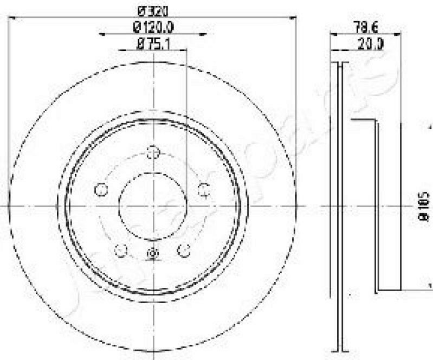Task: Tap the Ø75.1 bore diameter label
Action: point(153,46)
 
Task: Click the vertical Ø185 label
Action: point(424,206)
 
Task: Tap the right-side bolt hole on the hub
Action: point(204,189)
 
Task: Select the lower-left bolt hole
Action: point(121,250)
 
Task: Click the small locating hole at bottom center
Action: point(153,253)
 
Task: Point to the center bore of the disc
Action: point(153,206)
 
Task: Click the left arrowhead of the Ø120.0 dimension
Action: point(101,34)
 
